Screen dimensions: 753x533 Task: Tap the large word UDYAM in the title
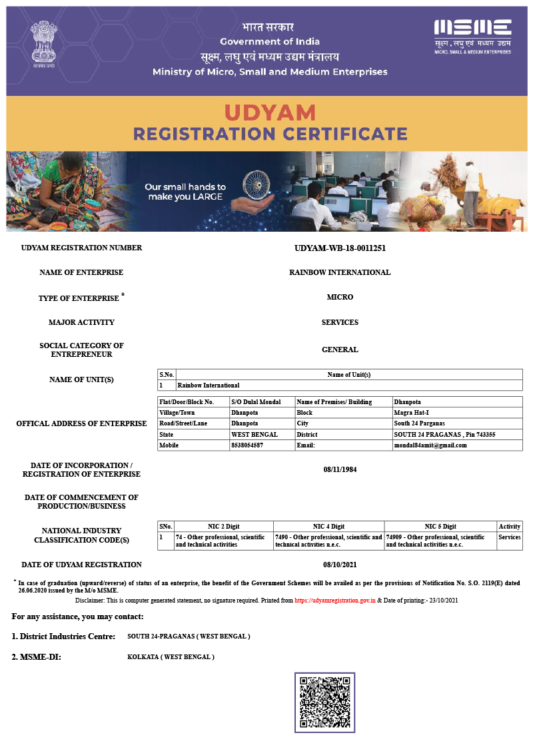(x=270, y=112)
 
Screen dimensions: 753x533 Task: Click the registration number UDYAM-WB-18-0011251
(x=340, y=248)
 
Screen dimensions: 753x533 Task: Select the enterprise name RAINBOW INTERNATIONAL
(x=340, y=272)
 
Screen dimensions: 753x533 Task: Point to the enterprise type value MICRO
(x=340, y=297)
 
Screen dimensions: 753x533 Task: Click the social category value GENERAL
(x=340, y=350)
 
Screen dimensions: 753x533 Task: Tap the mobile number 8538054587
(x=247, y=445)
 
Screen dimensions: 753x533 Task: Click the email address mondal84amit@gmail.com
(x=430, y=445)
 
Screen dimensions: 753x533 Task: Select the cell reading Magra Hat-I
(x=410, y=413)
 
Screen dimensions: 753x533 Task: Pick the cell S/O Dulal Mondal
(x=255, y=402)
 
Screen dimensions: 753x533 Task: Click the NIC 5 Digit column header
(x=440, y=527)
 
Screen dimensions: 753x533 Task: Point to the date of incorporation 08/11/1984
(x=340, y=469)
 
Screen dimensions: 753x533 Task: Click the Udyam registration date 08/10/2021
(x=340, y=565)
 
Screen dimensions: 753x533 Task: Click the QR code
(x=324, y=702)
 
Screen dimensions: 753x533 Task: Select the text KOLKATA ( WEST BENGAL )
(x=171, y=657)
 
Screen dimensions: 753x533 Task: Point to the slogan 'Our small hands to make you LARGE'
(x=185, y=192)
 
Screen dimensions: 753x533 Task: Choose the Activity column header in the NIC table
(x=510, y=527)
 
